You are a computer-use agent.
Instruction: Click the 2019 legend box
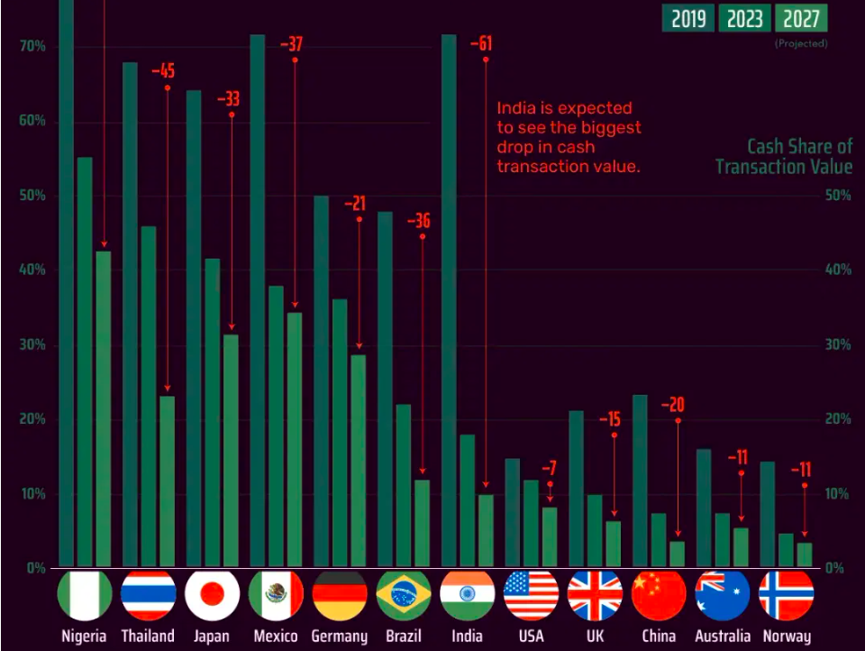point(688,17)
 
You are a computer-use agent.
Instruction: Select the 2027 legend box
point(801,17)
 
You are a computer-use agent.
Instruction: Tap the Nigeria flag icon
point(84,595)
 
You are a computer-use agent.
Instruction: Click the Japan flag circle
point(212,595)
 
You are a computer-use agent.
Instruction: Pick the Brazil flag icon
point(403,595)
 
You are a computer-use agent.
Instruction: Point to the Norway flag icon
point(786,595)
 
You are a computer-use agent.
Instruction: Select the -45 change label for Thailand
point(163,70)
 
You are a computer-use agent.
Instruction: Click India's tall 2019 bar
point(449,298)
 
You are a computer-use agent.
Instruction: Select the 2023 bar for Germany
point(340,433)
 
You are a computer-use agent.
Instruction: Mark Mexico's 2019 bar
point(258,298)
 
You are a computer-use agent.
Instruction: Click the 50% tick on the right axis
point(838,196)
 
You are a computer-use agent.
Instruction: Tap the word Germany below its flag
point(340,636)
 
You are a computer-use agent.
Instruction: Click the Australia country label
point(723,636)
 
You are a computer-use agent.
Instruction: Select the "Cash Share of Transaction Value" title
point(784,157)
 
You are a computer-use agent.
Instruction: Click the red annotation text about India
point(569,137)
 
